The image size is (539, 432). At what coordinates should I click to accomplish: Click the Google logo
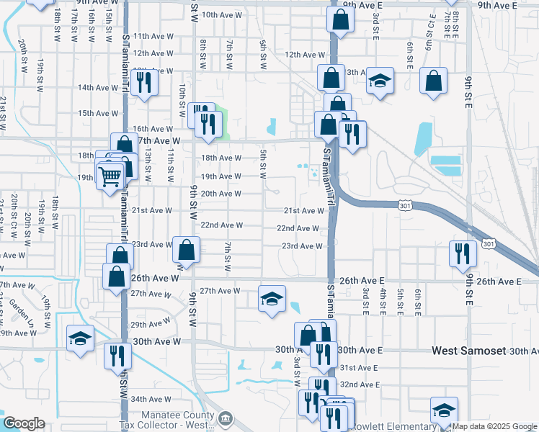24,423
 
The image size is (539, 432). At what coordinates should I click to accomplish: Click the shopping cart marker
110,175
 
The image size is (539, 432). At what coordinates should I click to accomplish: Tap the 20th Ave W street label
220,194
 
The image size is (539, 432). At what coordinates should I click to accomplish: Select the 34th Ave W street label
150,399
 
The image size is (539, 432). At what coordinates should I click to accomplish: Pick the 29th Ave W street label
150,325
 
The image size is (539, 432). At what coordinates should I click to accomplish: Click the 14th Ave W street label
98,88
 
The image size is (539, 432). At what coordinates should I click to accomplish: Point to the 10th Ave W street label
220,14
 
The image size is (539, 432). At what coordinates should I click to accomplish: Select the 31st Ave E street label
357,367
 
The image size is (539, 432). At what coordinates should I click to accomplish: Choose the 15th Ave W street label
98,113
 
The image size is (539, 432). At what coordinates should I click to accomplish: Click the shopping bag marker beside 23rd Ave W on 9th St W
187,250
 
